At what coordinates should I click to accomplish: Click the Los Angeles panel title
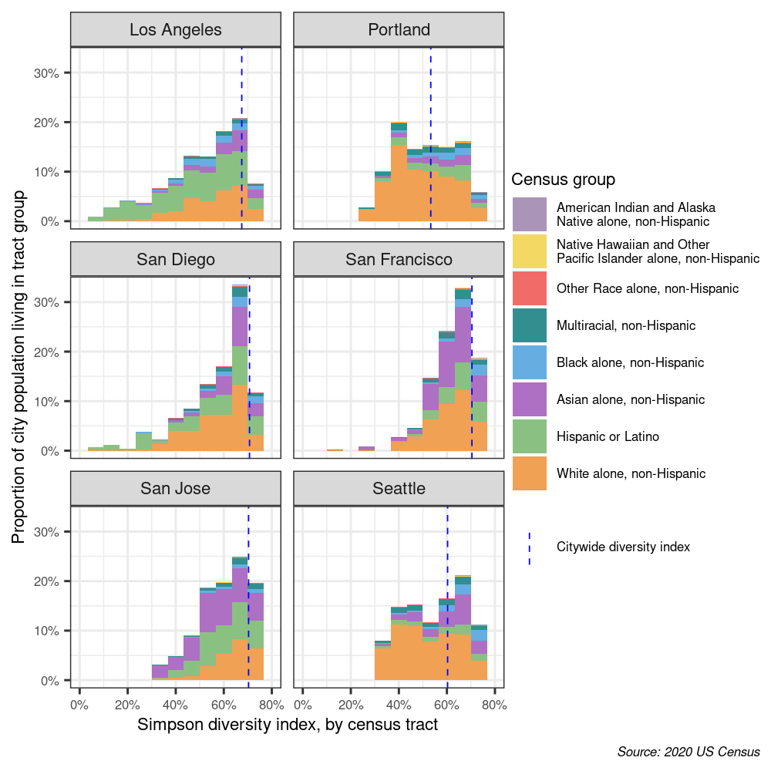[x=176, y=30]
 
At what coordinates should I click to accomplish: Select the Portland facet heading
[x=399, y=30]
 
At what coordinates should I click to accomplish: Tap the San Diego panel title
[x=176, y=259]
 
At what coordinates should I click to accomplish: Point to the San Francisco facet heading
[x=399, y=259]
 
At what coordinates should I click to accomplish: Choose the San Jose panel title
[x=176, y=488]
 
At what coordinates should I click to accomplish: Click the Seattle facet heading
[x=399, y=488]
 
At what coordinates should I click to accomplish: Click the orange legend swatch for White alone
[x=530, y=473]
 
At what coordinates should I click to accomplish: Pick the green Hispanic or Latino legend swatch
[x=530, y=436]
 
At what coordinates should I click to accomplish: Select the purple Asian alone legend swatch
[x=530, y=399]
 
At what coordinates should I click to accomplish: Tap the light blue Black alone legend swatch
[x=530, y=362]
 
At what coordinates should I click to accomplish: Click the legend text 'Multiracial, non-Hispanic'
[x=625, y=325]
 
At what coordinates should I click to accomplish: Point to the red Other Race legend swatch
[x=530, y=288]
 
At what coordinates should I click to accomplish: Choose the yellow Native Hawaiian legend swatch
[x=530, y=251]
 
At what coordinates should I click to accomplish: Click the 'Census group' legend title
[x=563, y=180]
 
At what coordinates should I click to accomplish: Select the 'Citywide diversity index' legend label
[x=623, y=547]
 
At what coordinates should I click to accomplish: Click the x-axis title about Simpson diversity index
[x=288, y=725]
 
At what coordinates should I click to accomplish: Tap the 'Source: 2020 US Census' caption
[x=689, y=752]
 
